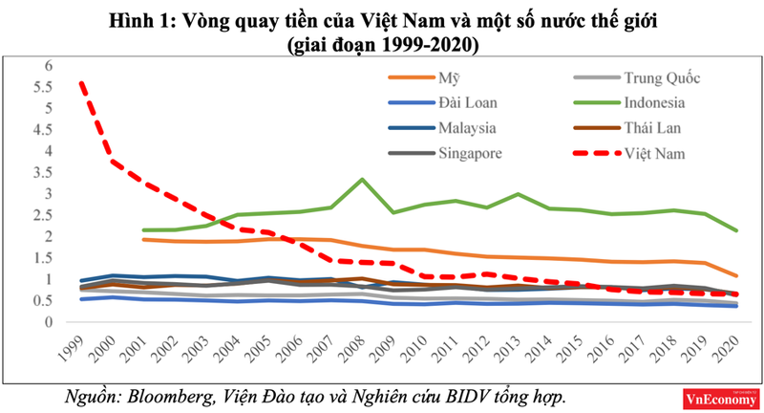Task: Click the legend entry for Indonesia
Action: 657,102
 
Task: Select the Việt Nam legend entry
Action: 657,153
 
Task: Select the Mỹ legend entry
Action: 445,77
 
